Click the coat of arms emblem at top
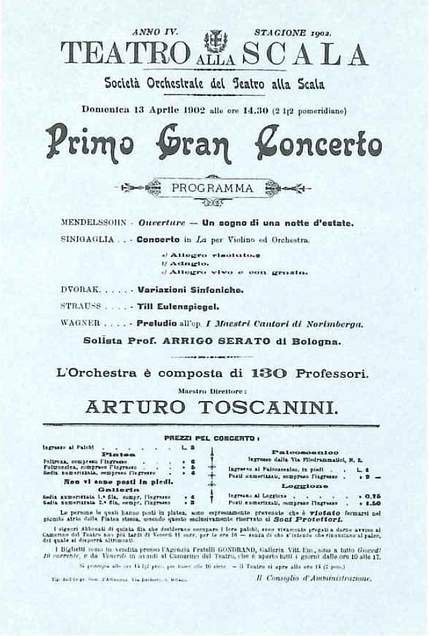(214, 41)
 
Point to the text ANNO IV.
(151, 32)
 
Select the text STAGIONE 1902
(292, 32)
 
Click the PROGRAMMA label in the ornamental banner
(213, 188)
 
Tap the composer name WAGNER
(80, 323)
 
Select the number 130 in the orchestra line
(268, 373)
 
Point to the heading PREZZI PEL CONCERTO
(211, 437)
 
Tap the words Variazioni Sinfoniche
(190, 289)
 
